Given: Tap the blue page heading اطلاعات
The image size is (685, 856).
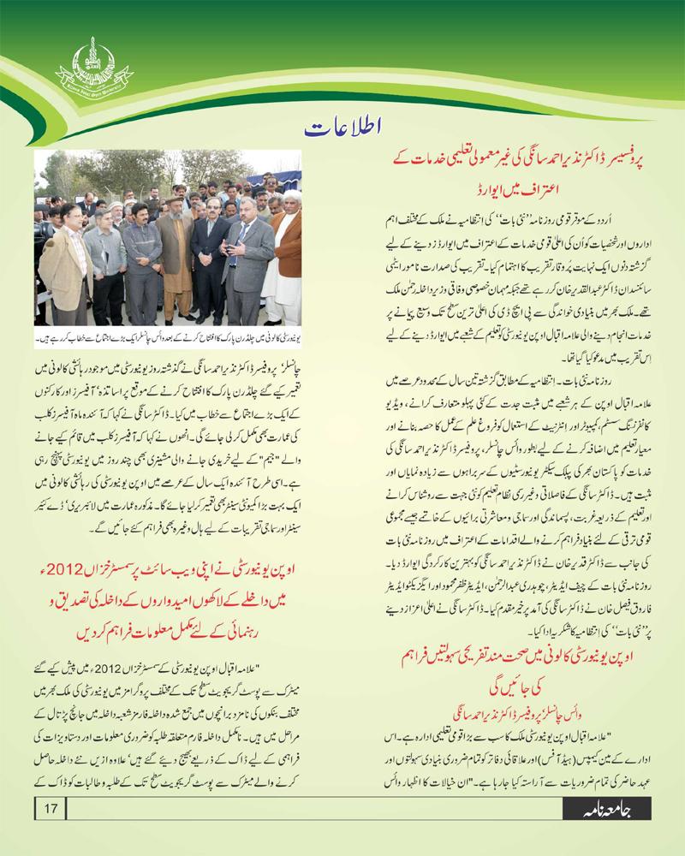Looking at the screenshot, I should pyautogui.click(x=342, y=129).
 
